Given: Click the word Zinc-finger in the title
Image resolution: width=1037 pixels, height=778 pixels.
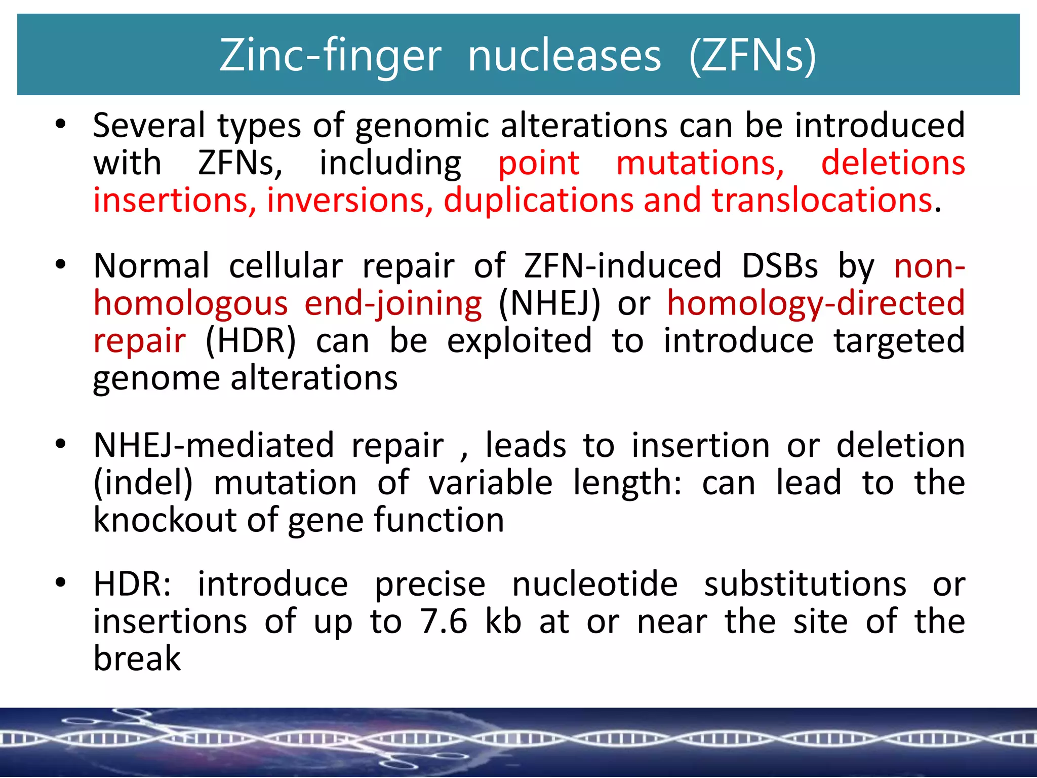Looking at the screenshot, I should [x=330, y=56].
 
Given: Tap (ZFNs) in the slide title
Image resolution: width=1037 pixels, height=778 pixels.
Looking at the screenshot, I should [x=752, y=56].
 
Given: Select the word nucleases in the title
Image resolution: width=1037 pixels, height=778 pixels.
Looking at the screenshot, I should [x=564, y=56].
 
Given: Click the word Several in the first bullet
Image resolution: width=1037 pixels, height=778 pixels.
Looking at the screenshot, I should [x=149, y=125].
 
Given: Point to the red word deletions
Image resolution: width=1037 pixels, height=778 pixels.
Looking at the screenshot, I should [x=893, y=163].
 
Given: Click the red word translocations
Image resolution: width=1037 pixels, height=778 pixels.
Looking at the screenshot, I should [x=822, y=200].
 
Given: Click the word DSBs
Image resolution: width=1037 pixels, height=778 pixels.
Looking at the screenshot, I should [x=779, y=265].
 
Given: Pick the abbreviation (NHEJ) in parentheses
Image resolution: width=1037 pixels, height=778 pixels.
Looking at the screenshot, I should [x=549, y=303].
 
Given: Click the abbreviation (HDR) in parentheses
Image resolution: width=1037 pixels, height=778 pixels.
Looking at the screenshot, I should [x=251, y=340].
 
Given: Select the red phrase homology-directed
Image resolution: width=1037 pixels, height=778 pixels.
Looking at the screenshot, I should [x=816, y=303].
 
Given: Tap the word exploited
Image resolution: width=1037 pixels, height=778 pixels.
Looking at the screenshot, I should [x=519, y=340].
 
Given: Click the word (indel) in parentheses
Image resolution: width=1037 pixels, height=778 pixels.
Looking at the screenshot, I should [x=143, y=483].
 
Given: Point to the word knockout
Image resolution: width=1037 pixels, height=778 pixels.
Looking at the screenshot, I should [x=165, y=520].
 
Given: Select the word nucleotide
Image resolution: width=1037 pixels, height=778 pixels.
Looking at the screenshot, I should [x=595, y=584].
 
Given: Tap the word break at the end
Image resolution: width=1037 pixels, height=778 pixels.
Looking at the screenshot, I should [x=137, y=658].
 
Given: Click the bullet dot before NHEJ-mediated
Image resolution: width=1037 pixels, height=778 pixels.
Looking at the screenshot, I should [x=61, y=444].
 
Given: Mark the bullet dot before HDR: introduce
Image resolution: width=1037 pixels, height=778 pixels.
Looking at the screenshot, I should [x=61, y=583].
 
